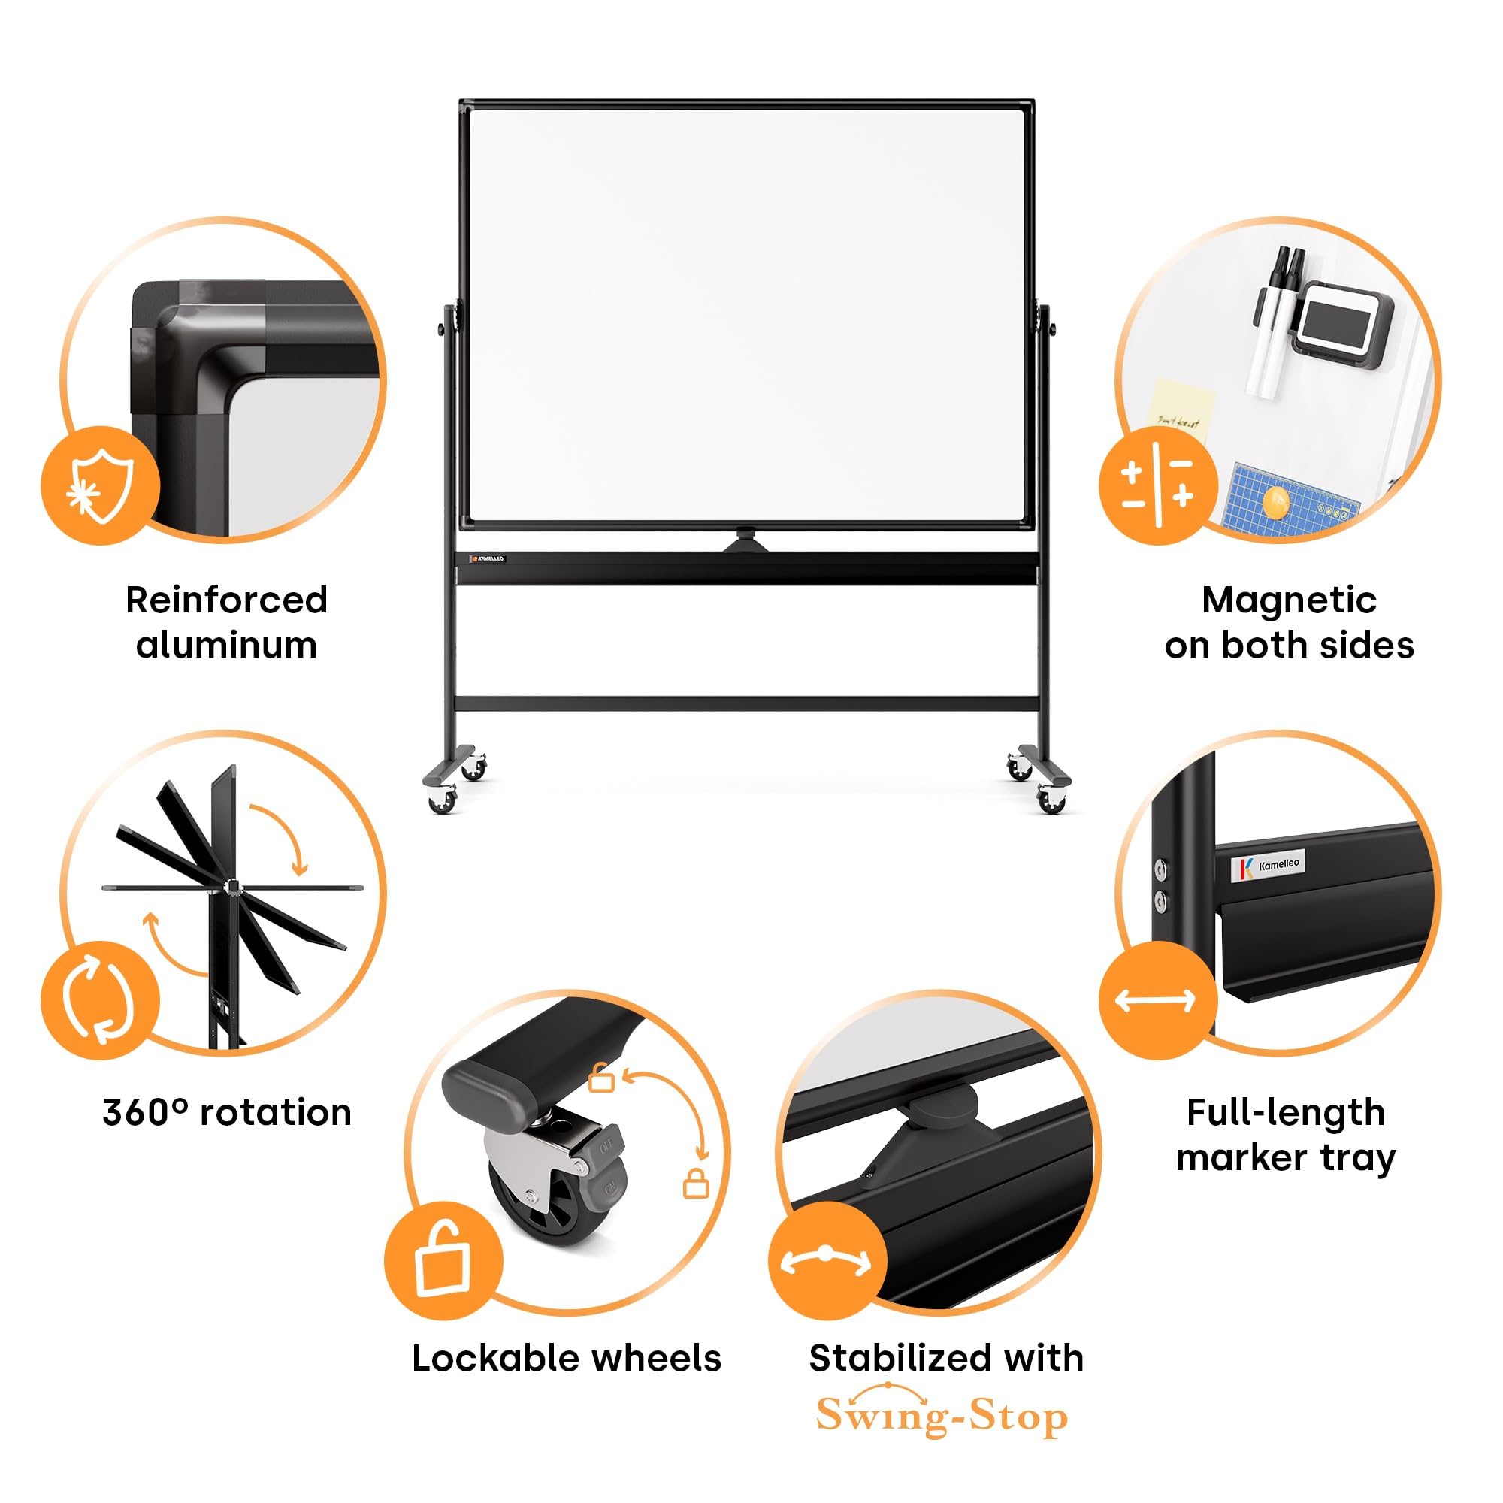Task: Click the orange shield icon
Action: click(x=101, y=485)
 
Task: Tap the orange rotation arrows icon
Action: click(x=101, y=999)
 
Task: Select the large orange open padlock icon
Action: click(x=443, y=1260)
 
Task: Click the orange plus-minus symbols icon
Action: click(x=1157, y=485)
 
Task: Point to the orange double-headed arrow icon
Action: click(x=1157, y=999)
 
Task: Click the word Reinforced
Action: click(x=226, y=600)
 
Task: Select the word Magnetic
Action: click(x=1289, y=600)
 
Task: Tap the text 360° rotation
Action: click(x=226, y=1112)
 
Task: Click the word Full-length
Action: click(x=1285, y=1112)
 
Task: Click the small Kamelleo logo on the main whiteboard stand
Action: click(x=488, y=558)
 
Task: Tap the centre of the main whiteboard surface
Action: click(x=747, y=315)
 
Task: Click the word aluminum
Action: click(x=226, y=646)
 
